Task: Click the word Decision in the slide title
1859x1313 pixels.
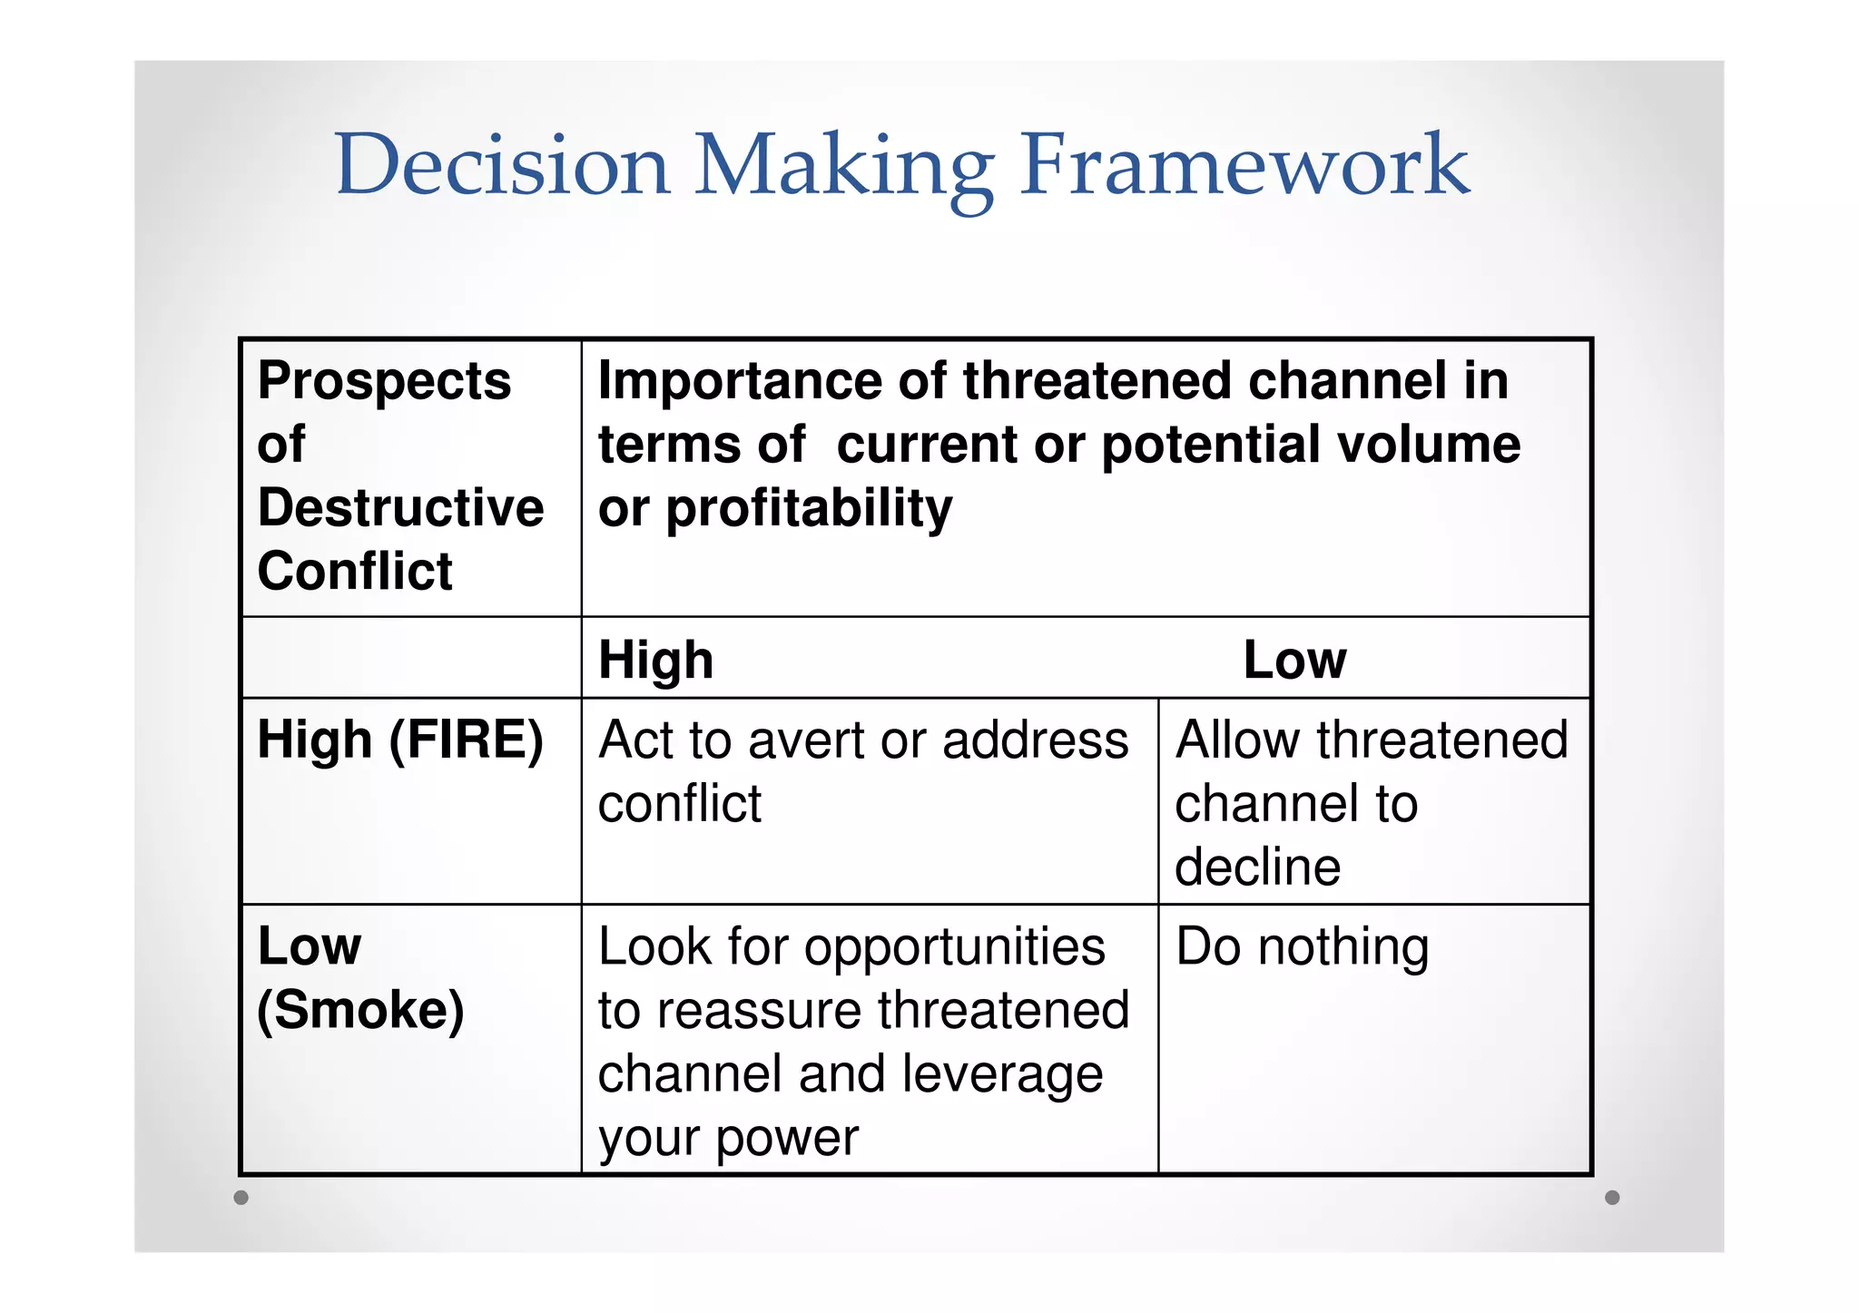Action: [502, 165]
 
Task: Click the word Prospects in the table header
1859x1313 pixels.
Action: [384, 381]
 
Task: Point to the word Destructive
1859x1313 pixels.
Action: [400, 507]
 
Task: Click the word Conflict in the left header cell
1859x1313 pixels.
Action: [355, 571]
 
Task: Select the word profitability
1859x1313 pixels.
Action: [809, 509]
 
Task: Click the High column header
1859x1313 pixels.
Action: [655, 660]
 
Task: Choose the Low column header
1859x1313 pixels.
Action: [1294, 660]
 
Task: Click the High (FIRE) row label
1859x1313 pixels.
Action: [400, 740]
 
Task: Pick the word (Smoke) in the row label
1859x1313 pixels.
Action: [360, 1010]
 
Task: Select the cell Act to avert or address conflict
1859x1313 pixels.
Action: [862, 771]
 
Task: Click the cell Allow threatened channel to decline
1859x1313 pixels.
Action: [1371, 803]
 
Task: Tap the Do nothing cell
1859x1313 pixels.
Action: [1302, 947]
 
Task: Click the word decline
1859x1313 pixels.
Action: [1257, 867]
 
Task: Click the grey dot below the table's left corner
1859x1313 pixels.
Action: [241, 1198]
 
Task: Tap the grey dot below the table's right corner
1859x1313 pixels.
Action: [1612, 1198]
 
